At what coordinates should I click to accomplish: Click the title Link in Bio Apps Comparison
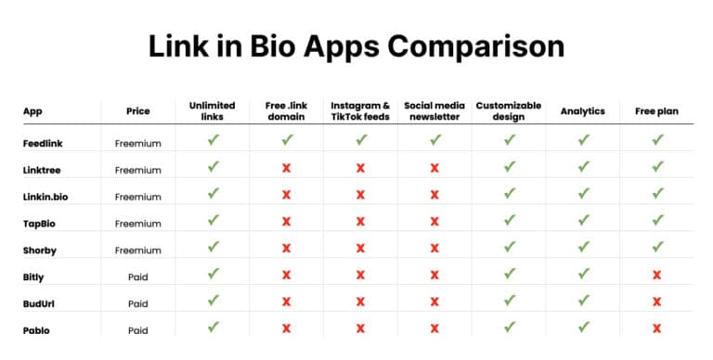coord(356,46)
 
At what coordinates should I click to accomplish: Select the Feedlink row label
coord(44,143)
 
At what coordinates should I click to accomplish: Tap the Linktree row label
coord(43,170)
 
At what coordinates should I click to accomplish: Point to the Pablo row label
coord(37,329)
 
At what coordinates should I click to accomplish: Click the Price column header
coord(137,111)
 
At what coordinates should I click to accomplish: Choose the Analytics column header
coord(582,111)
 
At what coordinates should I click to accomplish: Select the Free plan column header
coord(656,111)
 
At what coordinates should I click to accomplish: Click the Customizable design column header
coord(509,111)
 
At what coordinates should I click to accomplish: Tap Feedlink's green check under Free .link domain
coord(287,140)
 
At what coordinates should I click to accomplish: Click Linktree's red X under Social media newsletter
coord(434,168)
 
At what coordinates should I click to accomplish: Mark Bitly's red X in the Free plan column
coord(656,276)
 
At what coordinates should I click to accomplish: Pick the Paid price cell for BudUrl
coord(137,303)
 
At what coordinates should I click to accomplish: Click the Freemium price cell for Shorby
coord(137,250)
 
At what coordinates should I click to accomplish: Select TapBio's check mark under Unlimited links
coord(214,221)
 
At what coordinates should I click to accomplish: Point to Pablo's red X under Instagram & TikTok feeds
coord(360,328)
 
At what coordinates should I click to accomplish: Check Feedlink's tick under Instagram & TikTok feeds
coord(360,140)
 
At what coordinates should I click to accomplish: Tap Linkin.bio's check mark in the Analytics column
coord(582,194)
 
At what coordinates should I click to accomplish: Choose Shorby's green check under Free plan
coord(656,248)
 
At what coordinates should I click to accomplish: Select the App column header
coord(32,111)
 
